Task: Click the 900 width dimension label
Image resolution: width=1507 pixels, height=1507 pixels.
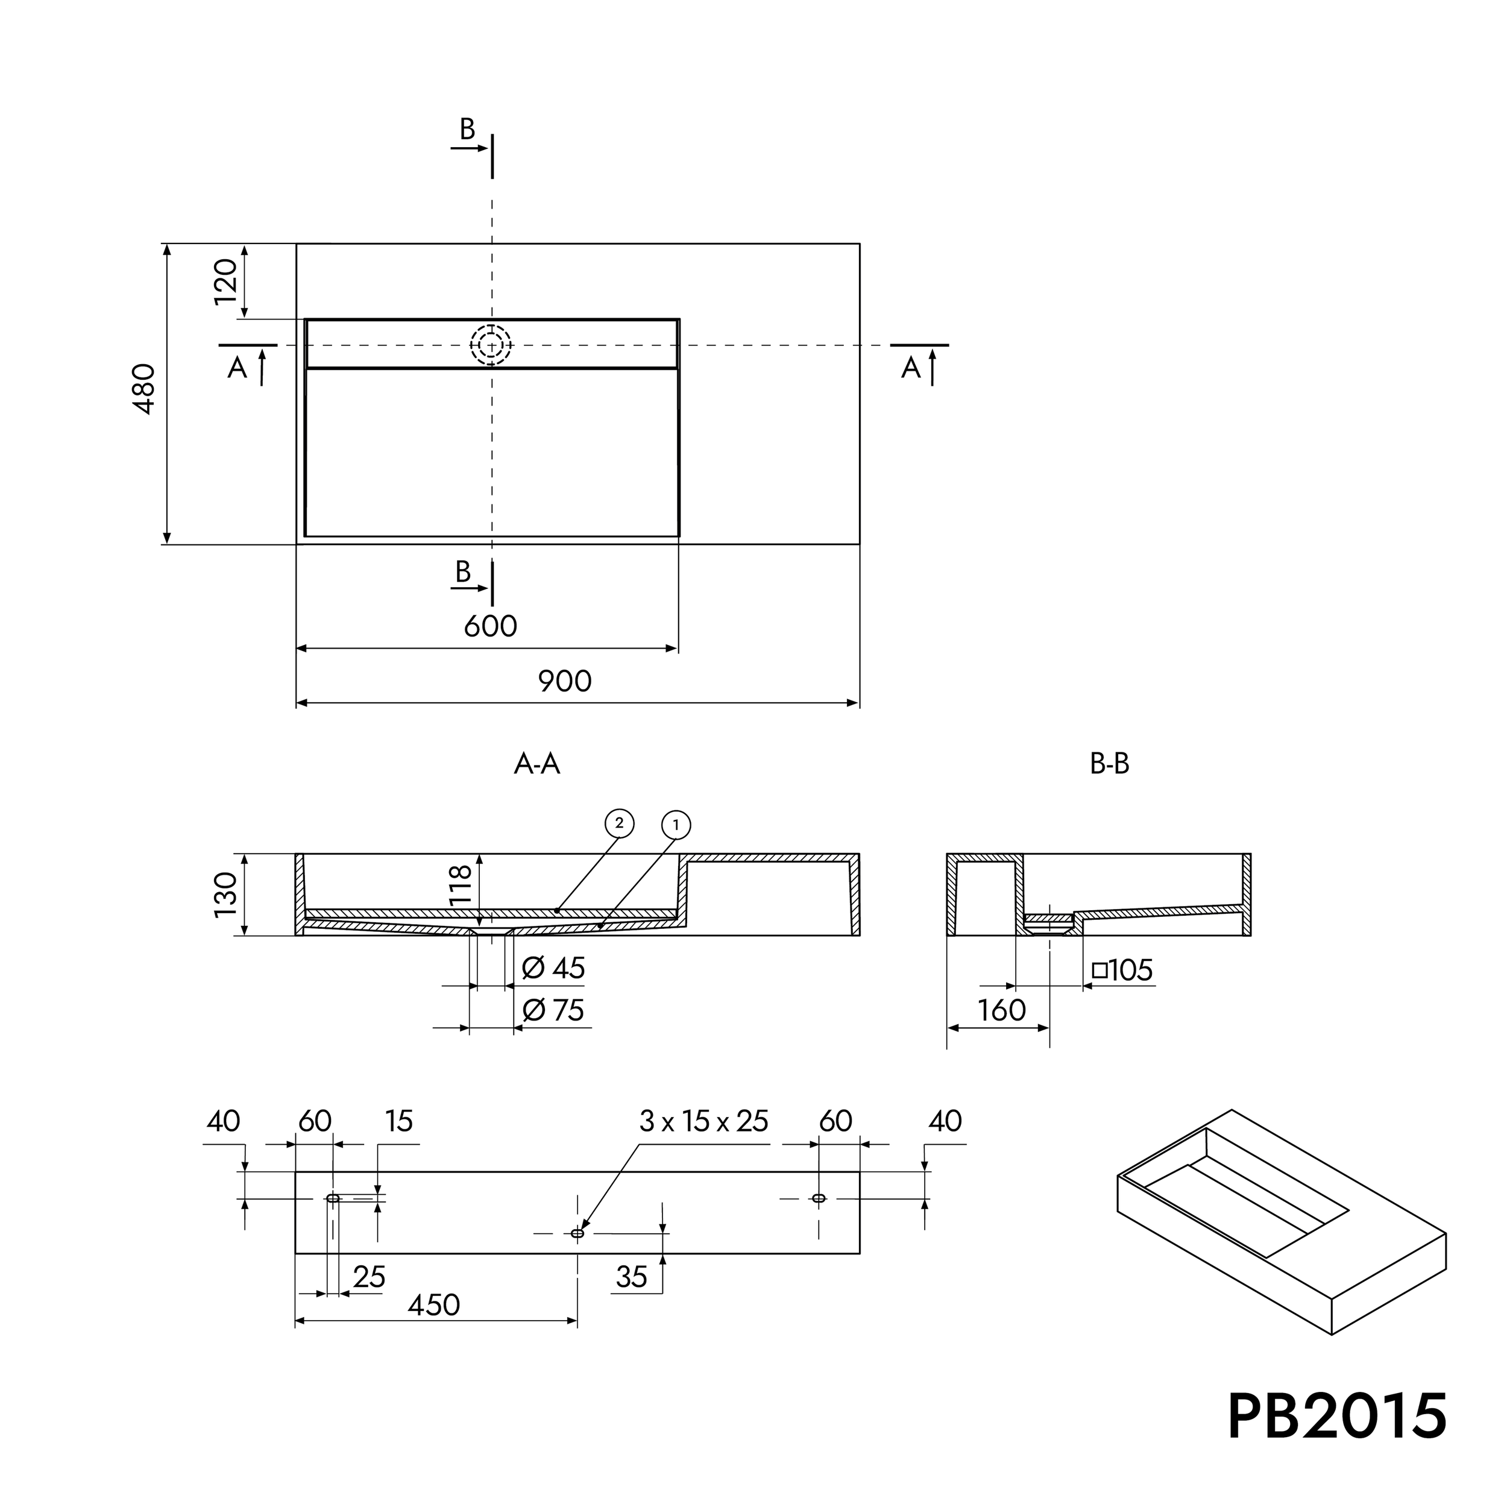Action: [x=565, y=682]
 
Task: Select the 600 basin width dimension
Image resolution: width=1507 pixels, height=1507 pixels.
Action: [x=491, y=626]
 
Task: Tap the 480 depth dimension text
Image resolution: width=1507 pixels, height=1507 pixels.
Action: [x=144, y=388]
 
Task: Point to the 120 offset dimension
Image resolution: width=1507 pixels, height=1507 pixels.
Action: [x=225, y=281]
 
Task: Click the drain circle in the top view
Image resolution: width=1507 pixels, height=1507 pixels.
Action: [x=491, y=345]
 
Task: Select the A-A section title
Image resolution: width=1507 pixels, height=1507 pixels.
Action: [x=536, y=764]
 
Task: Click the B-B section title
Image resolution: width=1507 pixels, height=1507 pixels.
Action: [x=1109, y=764]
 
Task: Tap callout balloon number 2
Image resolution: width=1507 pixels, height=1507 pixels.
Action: [x=619, y=823]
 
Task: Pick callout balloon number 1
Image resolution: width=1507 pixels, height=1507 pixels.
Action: [x=676, y=825]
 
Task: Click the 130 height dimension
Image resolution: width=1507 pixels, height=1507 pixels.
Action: [x=225, y=895]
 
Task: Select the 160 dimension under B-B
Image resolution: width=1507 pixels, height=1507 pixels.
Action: [x=1001, y=1011]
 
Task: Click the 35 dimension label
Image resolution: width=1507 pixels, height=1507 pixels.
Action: [x=631, y=1277]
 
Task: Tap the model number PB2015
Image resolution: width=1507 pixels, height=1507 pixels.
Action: [x=1337, y=1416]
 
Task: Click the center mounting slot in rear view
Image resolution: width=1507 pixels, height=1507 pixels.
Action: [x=577, y=1233]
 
